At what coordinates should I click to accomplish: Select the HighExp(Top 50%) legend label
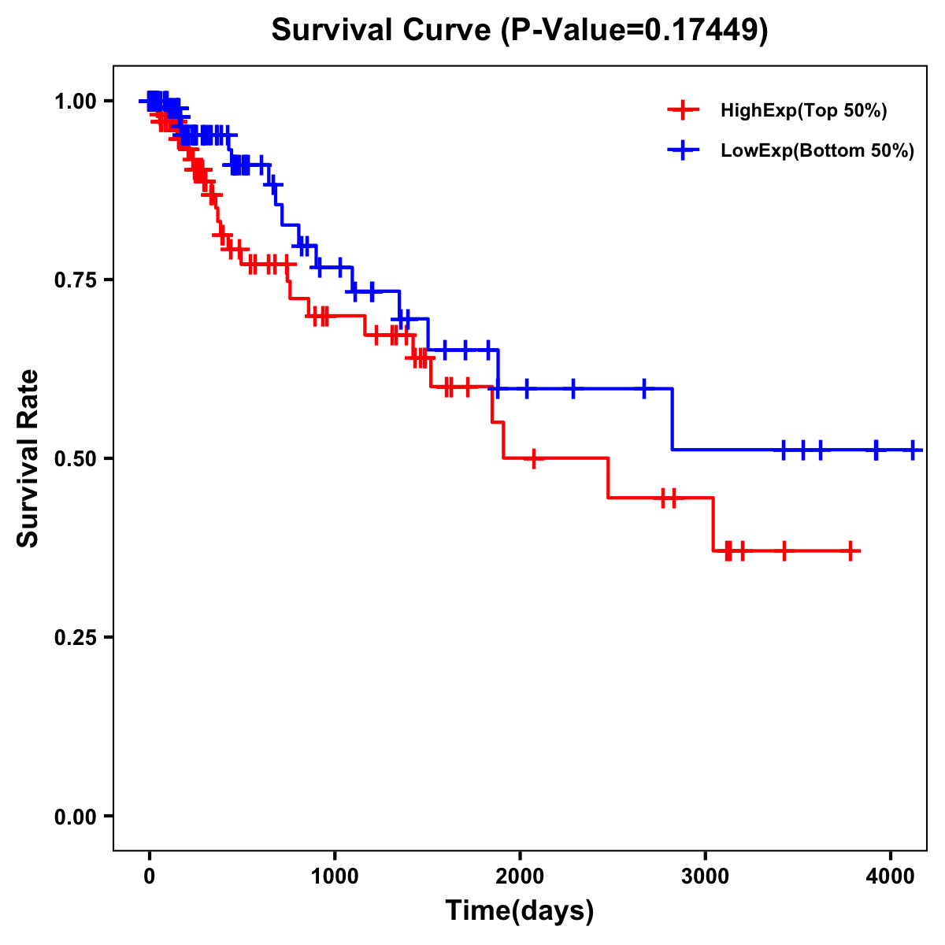(804, 111)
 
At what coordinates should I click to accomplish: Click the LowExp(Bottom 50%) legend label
(817, 151)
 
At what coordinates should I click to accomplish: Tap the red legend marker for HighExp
(683, 110)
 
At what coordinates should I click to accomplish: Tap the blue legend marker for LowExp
(683, 150)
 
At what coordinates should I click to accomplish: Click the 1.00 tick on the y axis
(75, 102)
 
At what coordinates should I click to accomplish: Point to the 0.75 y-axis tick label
(75, 280)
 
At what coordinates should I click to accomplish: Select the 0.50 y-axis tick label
(75, 459)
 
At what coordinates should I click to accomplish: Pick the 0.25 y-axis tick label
(75, 638)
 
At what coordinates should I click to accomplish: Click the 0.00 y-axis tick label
(75, 817)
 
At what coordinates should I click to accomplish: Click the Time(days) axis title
(520, 911)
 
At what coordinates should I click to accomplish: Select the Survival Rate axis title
(28, 458)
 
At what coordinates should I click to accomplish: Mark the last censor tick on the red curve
(851, 551)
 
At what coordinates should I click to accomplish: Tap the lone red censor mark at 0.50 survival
(534, 458)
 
